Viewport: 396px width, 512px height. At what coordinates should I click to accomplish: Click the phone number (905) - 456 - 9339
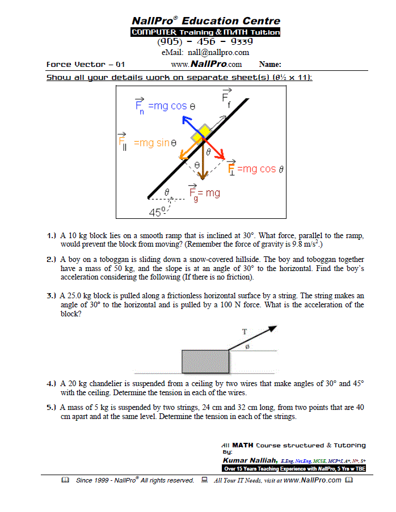[205, 42]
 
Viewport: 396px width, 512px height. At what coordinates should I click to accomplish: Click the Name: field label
[270, 65]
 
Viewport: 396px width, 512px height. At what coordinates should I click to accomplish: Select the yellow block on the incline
[200, 135]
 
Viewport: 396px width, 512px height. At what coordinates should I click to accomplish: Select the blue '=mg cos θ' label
[172, 106]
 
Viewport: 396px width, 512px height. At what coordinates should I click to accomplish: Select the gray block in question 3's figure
[205, 362]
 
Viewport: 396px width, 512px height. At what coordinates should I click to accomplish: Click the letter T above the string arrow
[244, 332]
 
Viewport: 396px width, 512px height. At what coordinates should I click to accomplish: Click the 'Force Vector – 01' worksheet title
[86, 65]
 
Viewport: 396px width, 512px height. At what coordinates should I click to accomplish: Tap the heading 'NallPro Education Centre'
[205, 21]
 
